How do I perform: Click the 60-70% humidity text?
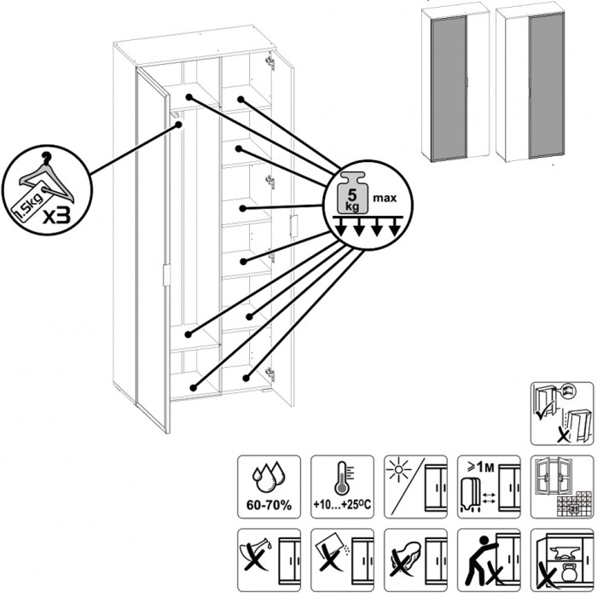[x=269, y=505]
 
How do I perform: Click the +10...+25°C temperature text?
[x=342, y=505]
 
